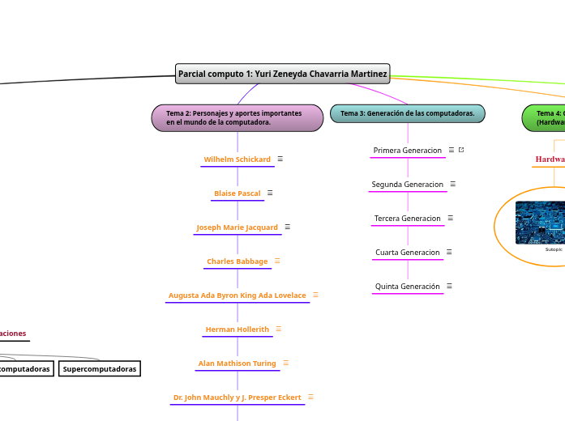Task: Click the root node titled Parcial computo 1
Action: pyautogui.click(x=282, y=74)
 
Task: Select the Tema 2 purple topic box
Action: pyautogui.click(x=237, y=117)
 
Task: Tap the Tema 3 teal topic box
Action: pyautogui.click(x=407, y=113)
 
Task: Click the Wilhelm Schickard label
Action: pyautogui.click(x=237, y=159)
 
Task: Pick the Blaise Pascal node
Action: pyautogui.click(x=237, y=193)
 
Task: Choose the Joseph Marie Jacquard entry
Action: pyautogui.click(x=237, y=228)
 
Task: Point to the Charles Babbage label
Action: pyautogui.click(x=237, y=262)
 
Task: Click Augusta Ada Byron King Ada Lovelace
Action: pyautogui.click(x=237, y=296)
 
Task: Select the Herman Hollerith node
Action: pyautogui.click(x=237, y=330)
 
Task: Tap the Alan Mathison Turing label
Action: pyautogui.click(x=237, y=364)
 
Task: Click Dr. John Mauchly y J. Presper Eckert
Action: pyautogui.click(x=237, y=398)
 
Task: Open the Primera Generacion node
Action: pyautogui.click(x=407, y=151)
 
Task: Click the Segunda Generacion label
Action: pyautogui.click(x=407, y=185)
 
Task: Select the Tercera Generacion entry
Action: pyautogui.click(x=407, y=219)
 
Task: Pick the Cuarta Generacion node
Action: pyautogui.click(x=407, y=253)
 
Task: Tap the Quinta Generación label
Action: pyautogui.click(x=407, y=287)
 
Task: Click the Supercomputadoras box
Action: pyautogui.click(x=100, y=369)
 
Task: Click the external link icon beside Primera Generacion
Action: pyautogui.click(x=461, y=150)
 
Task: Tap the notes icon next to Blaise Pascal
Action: pyautogui.click(x=270, y=193)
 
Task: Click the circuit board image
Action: pyautogui.click(x=541, y=223)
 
